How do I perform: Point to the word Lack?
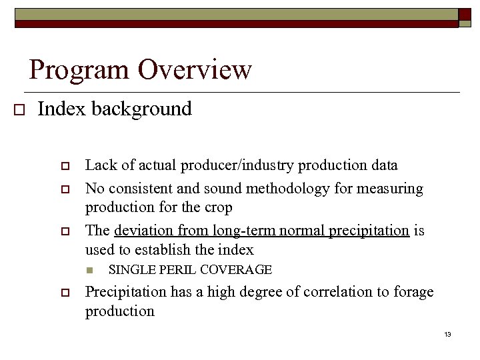point(99,165)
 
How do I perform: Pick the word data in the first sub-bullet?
point(383,165)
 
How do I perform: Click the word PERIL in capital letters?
point(175,270)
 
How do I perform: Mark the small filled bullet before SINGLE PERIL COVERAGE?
point(90,271)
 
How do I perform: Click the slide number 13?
point(447,334)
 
